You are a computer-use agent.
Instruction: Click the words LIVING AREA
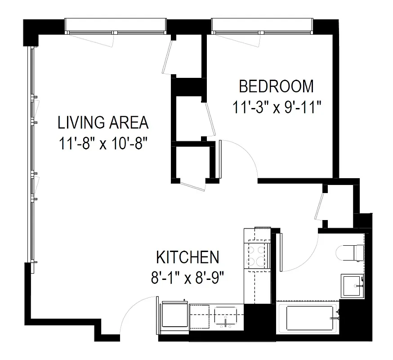point(103,122)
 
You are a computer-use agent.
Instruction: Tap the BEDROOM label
point(276,85)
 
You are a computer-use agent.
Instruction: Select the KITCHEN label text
point(188,258)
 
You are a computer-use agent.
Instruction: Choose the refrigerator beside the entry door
point(174,315)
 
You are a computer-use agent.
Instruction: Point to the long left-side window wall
point(31,153)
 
